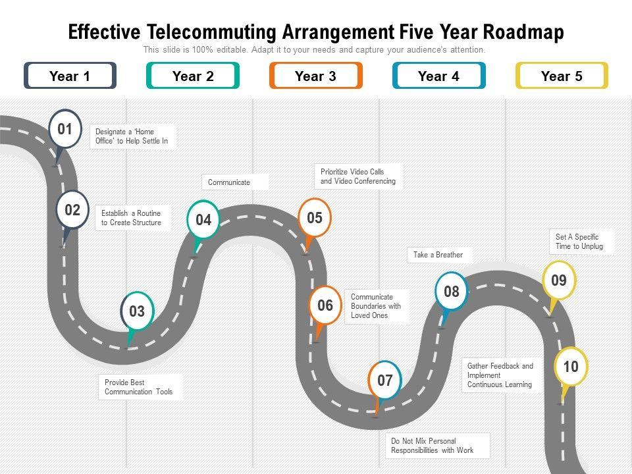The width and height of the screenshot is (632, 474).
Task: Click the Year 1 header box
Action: (x=70, y=76)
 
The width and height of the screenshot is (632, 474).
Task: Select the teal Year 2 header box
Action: (x=193, y=76)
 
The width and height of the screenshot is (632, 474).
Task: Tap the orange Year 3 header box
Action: (x=315, y=76)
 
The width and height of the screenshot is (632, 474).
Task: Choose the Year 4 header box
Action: (x=438, y=76)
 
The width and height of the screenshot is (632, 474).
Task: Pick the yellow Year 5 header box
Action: (x=562, y=76)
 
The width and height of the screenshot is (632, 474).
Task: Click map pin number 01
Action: (x=65, y=129)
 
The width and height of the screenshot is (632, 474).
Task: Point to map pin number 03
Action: (x=137, y=311)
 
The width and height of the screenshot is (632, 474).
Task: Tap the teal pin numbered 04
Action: (x=203, y=220)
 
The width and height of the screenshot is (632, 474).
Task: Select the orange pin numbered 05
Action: (x=315, y=218)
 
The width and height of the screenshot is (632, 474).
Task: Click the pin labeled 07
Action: (x=385, y=381)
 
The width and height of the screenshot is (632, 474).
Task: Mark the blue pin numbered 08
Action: (x=452, y=291)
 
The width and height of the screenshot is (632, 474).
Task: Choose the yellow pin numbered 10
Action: (x=571, y=367)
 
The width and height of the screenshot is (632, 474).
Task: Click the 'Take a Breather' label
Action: (x=438, y=255)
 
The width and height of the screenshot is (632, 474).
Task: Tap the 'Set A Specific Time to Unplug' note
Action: (x=579, y=242)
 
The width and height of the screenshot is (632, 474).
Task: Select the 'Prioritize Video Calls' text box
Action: (x=358, y=176)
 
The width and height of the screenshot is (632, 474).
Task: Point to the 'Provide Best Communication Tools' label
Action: (x=139, y=387)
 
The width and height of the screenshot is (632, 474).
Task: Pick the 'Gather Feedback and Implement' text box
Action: (x=500, y=375)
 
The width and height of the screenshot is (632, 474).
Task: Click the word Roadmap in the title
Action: (x=523, y=32)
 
